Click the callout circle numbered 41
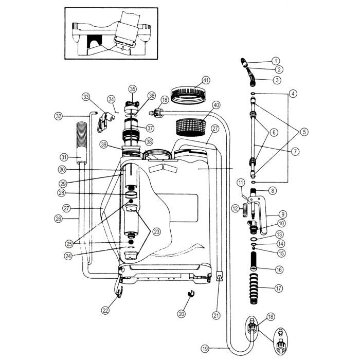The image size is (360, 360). (x=206, y=81)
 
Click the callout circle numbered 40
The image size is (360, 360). (x=216, y=105)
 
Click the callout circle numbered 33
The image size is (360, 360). (x=86, y=96)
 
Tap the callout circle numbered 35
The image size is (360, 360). (x=133, y=89)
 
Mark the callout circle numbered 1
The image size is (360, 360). (x=276, y=61)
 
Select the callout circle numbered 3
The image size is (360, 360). (x=277, y=80)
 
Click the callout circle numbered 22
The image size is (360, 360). (x=105, y=310)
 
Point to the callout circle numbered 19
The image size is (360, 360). (x=205, y=349)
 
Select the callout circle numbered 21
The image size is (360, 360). (x=217, y=315)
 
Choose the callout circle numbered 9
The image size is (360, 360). (x=282, y=213)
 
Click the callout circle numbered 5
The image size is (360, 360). (x=304, y=132)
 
